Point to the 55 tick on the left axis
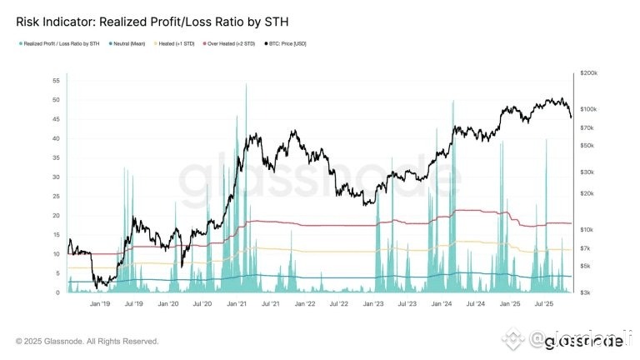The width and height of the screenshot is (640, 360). coord(55,81)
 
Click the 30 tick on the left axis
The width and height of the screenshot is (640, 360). coord(55,177)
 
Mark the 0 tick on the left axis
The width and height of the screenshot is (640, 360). coord(57,292)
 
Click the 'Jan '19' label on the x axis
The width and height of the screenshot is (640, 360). coord(100,305)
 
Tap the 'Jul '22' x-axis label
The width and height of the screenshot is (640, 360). coord(339,305)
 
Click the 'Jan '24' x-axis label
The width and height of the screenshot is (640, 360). coord(442,305)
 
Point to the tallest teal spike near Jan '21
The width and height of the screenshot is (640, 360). coord(246,87)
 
